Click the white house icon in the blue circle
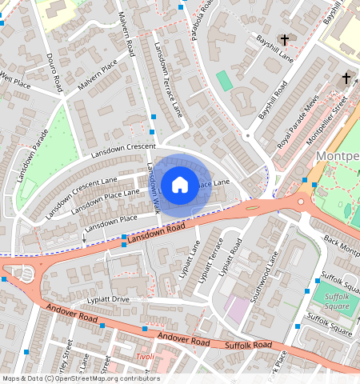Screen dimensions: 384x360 pyautogui.click(x=180, y=185)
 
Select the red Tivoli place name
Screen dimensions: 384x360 pyautogui.click(x=145, y=357)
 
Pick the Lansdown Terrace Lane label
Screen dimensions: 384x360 pyautogui.click(x=170, y=78)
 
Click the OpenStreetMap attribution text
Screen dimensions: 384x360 pyautogui.click(x=80, y=378)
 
